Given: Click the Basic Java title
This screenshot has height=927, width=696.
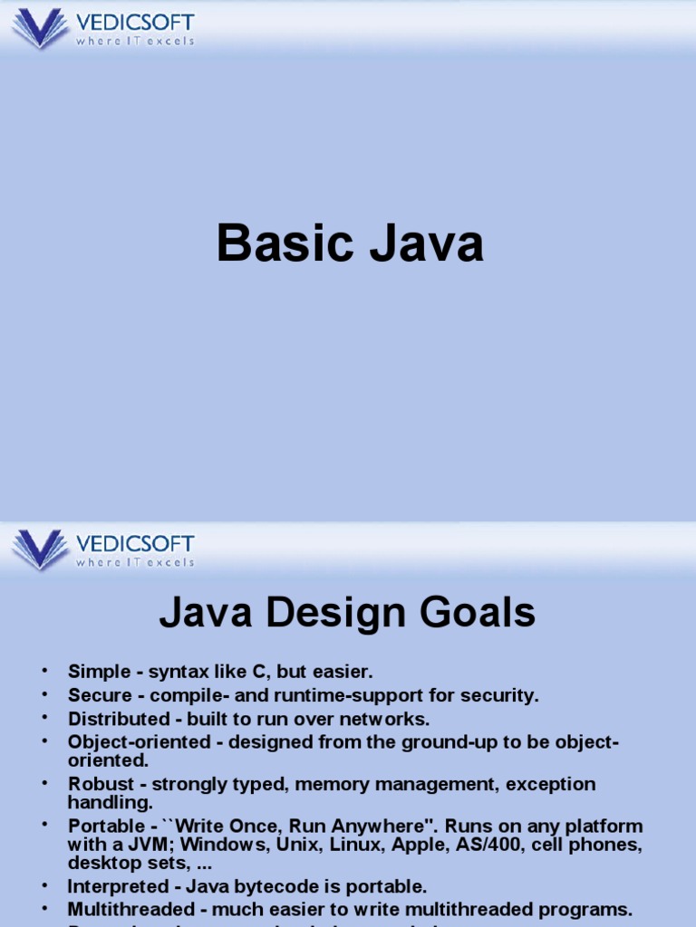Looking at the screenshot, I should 349,244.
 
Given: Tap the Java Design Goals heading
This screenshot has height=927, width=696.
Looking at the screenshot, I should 347,614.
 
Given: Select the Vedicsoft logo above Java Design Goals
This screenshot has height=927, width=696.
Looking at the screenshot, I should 102,549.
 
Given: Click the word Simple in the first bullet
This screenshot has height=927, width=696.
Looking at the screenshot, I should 93,672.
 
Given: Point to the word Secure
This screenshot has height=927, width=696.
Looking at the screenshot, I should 95,695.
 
